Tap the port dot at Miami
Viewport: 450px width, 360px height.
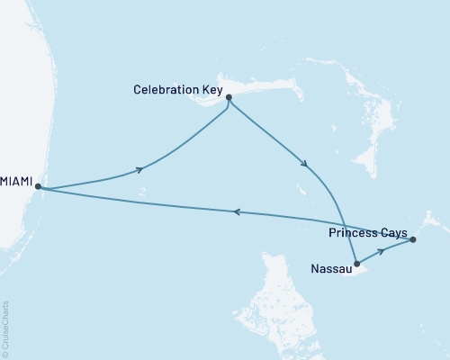tap(38, 187)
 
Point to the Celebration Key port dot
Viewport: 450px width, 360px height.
tap(229, 98)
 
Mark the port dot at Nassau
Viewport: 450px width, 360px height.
tap(357, 265)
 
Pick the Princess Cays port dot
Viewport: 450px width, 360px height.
tap(413, 239)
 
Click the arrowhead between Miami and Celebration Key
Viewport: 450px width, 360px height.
tap(139, 169)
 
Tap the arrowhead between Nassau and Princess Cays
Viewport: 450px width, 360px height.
tap(382, 251)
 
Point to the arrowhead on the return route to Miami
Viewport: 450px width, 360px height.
tap(237, 211)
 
